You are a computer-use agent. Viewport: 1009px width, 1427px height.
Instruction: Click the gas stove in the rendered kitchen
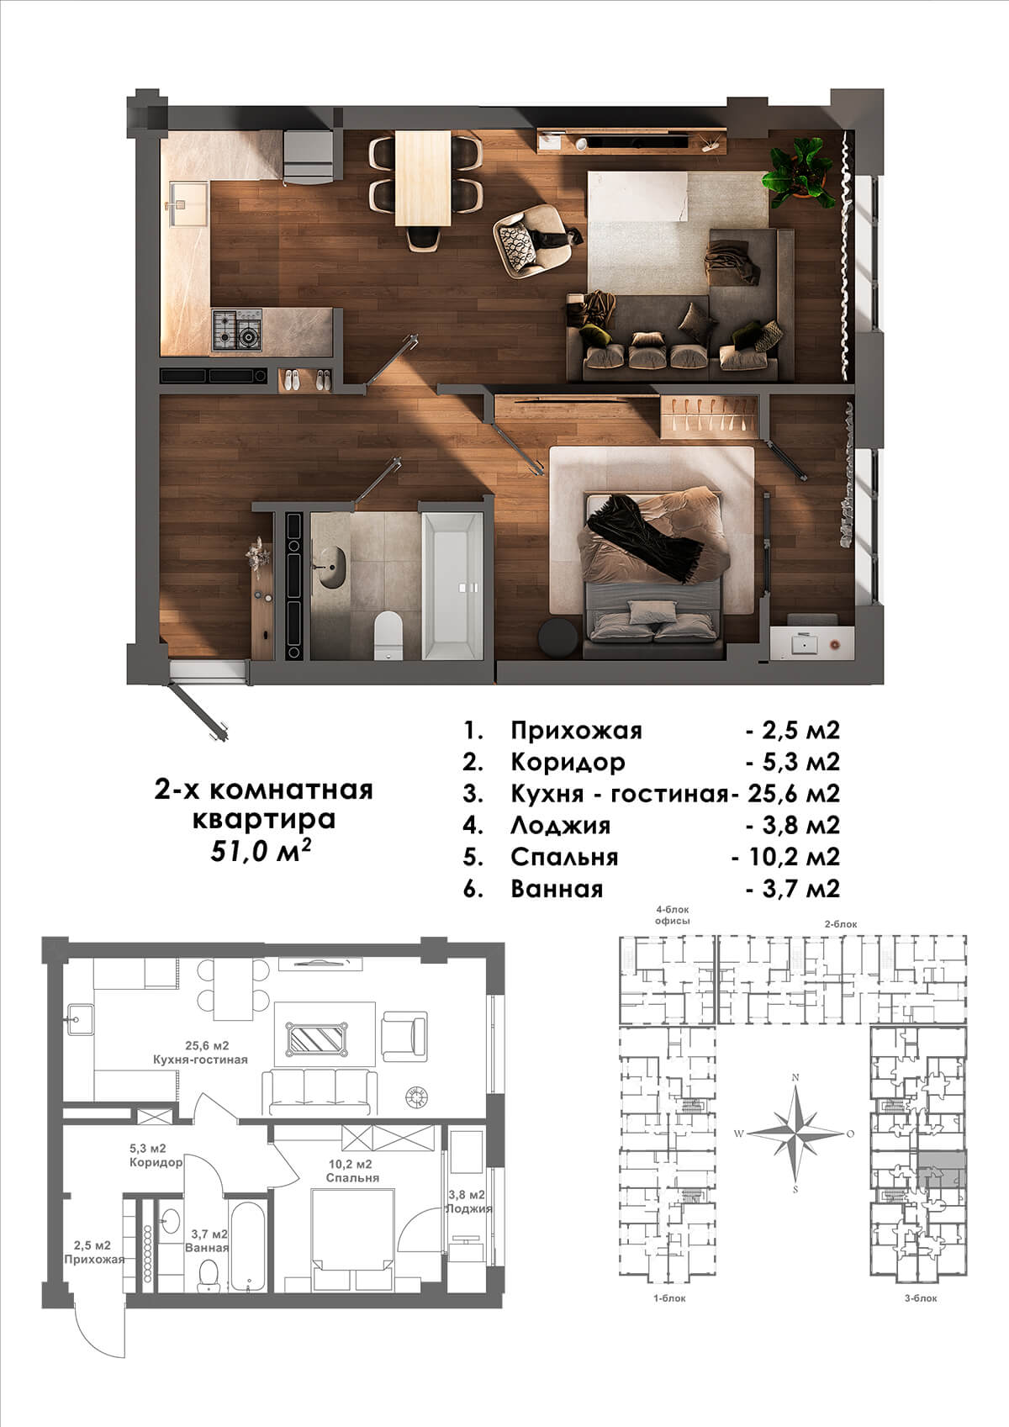tap(237, 330)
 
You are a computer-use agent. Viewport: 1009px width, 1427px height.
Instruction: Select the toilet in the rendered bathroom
tap(388, 635)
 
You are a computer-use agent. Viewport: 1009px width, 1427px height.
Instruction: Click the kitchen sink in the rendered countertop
tap(188, 203)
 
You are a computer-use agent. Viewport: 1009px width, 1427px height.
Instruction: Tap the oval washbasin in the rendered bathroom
tap(332, 566)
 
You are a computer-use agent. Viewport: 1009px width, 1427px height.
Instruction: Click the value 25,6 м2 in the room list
tap(794, 792)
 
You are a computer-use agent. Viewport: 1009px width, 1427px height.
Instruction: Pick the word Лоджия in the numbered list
tap(561, 825)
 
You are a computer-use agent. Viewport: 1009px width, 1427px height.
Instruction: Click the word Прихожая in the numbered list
tap(577, 730)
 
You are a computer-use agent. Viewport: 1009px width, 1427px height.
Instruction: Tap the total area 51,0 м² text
tap(261, 851)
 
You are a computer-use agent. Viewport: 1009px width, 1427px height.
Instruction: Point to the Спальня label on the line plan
tap(352, 1177)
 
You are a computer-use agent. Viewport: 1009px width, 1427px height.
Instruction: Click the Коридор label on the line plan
tap(156, 1162)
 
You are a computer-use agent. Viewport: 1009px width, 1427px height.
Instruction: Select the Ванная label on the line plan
tap(207, 1247)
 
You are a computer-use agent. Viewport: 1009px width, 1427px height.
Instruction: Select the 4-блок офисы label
tap(673, 916)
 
